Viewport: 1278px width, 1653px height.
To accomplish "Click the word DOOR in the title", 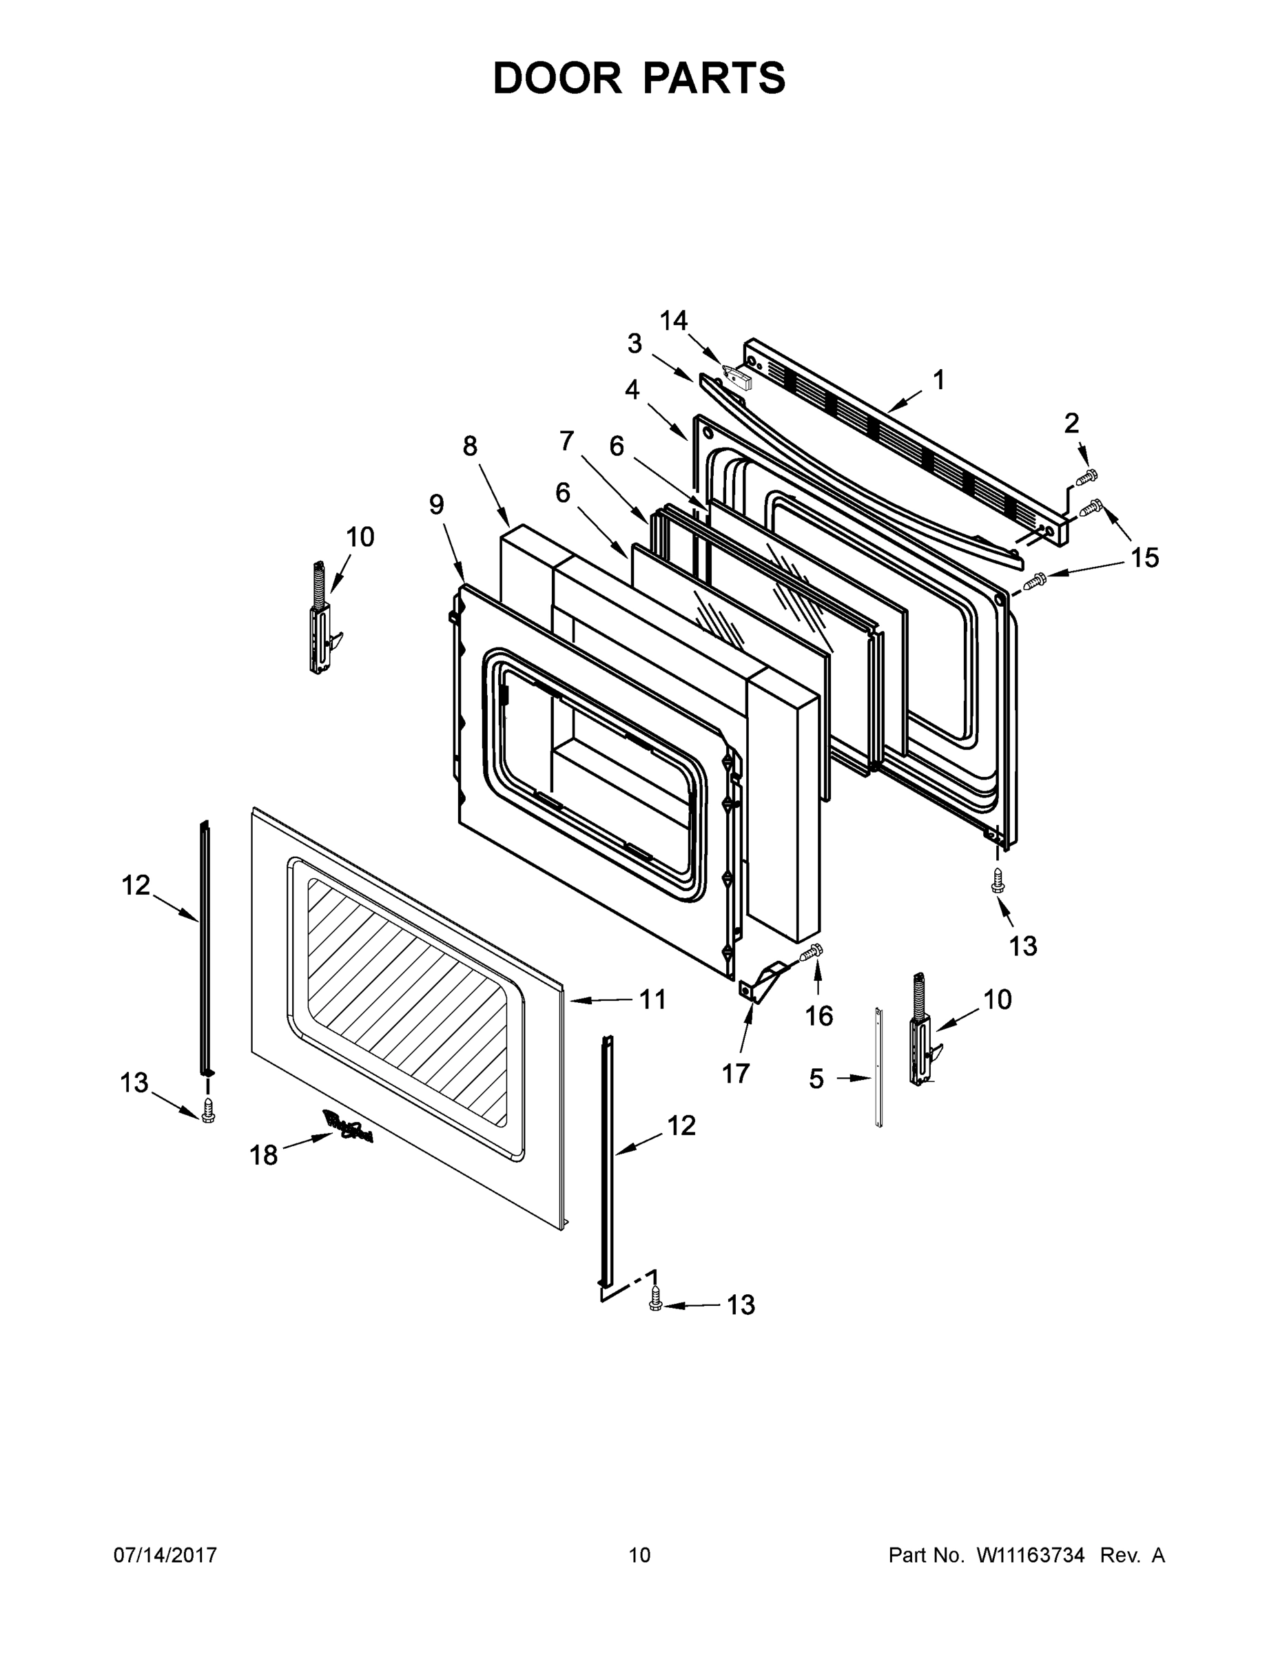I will (557, 78).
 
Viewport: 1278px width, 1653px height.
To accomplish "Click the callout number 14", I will (673, 321).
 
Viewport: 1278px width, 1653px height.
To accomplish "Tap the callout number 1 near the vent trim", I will (939, 380).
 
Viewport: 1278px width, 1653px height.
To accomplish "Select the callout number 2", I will (1071, 423).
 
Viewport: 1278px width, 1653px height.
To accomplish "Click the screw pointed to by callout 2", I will (1087, 477).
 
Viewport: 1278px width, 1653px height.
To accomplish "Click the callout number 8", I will (470, 446).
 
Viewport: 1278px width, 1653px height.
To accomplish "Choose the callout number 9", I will (437, 505).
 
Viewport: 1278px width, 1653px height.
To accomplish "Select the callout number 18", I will (263, 1155).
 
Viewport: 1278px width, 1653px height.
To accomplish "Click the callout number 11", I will (652, 1000).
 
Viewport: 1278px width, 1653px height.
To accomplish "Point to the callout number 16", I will (818, 1016).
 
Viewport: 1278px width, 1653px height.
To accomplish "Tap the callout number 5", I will (816, 1079).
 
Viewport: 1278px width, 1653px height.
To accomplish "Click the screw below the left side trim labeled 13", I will (208, 1110).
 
